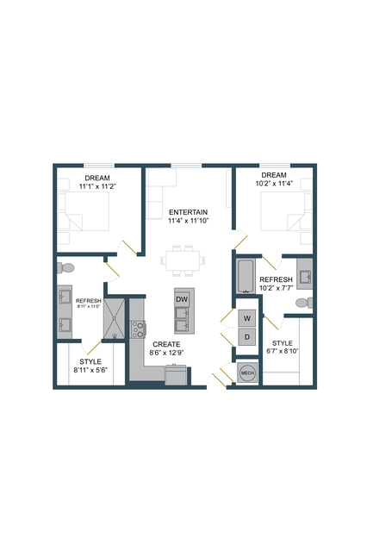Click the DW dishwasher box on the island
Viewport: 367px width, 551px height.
[182, 299]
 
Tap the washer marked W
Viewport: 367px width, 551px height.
[247, 318]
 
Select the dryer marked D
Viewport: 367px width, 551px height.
[247, 337]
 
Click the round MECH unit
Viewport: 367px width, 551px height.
[247, 373]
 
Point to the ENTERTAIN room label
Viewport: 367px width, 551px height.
[189, 212]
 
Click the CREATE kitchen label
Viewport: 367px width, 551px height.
[166, 344]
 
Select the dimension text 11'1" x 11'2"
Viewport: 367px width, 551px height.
[97, 186]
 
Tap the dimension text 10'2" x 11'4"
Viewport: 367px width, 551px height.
[274, 184]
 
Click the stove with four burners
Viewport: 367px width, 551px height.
[138, 329]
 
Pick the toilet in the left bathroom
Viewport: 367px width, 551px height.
[65, 268]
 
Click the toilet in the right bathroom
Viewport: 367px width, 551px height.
[304, 303]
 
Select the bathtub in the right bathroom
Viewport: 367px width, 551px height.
[246, 277]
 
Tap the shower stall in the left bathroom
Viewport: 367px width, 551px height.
[114, 319]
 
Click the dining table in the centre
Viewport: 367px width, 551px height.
[183, 260]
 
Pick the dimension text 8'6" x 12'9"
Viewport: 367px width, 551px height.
[167, 353]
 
